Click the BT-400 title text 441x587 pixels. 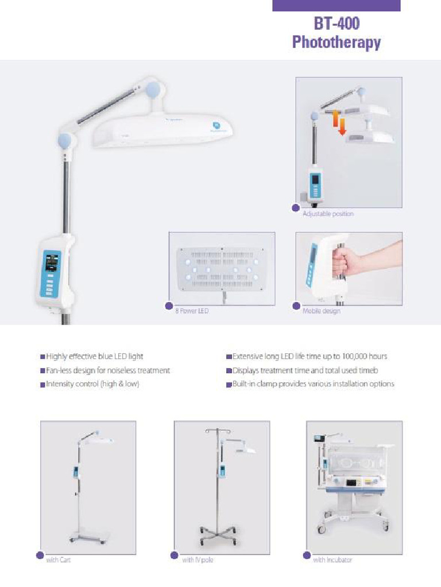coord(336,24)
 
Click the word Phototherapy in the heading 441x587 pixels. coord(336,42)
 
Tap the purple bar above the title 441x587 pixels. coord(336,6)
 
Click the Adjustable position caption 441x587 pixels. coord(328,214)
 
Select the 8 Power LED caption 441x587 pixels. coord(192,311)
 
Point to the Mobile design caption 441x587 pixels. coord(322,311)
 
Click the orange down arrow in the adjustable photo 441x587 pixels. coord(342,126)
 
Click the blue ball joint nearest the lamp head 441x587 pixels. coord(153,90)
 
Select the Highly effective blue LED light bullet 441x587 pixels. coord(92,357)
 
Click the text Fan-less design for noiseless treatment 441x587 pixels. coord(106,371)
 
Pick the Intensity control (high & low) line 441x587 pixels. coord(90,384)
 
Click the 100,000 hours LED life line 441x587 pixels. coord(307,357)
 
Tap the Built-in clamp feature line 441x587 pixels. coord(310,384)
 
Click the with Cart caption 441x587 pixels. coord(58,560)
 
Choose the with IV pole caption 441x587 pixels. coord(198,560)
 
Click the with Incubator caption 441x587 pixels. coord(332,560)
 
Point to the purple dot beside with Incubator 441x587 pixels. coord(307,555)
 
